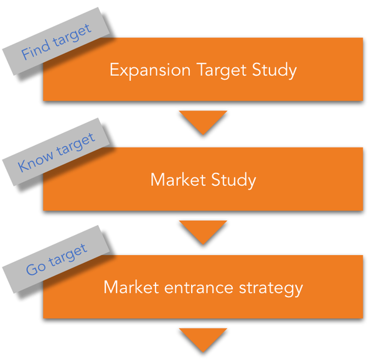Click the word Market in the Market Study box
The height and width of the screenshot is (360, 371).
(x=177, y=180)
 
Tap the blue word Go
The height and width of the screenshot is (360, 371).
(x=35, y=269)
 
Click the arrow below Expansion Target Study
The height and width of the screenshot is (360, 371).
(x=202, y=121)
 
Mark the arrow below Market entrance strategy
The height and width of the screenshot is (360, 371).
(x=202, y=339)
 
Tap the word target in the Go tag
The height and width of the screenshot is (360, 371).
(x=67, y=257)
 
